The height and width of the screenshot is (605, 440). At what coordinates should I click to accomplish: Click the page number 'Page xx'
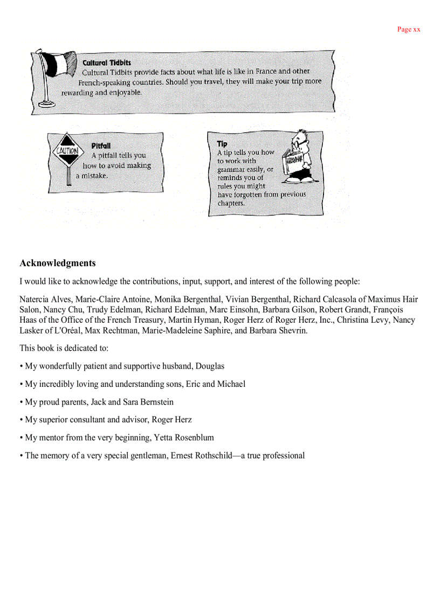pos(408,30)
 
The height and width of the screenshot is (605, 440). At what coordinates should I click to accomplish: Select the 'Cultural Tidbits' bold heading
pos(106,62)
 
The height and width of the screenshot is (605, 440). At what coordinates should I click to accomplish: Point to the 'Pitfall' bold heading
pos(101,145)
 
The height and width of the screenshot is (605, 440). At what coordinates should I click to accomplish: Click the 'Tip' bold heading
pos(222,144)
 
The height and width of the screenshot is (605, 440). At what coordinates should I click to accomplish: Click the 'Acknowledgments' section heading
pos(58,263)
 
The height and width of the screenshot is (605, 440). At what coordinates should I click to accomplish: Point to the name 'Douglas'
pos(210,366)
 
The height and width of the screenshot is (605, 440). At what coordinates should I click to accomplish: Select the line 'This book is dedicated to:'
pos(64,348)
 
